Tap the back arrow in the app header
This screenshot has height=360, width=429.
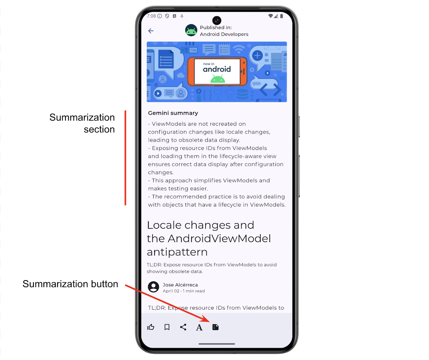click(151, 31)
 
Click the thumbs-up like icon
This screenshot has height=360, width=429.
click(151, 327)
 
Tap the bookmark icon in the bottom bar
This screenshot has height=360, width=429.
click(167, 327)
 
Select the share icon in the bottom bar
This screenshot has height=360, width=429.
click(183, 327)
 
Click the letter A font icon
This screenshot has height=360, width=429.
click(199, 327)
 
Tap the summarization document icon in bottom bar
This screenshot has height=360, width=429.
click(216, 327)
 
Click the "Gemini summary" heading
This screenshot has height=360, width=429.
click(173, 113)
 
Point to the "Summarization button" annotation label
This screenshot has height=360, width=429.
click(70, 284)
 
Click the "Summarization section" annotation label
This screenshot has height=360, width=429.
click(82, 123)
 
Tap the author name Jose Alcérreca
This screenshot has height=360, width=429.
click(180, 285)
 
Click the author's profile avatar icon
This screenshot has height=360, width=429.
click(154, 287)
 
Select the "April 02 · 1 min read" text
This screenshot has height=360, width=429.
click(184, 291)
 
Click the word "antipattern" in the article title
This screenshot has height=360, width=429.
click(177, 252)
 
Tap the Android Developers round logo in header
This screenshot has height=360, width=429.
click(191, 30)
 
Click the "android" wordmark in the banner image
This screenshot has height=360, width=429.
click(217, 69)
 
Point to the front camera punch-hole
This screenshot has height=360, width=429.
click(217, 20)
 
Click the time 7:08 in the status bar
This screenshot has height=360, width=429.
click(151, 16)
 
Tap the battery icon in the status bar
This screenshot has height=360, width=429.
click(282, 16)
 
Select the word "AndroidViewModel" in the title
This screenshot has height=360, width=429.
click(219, 239)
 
